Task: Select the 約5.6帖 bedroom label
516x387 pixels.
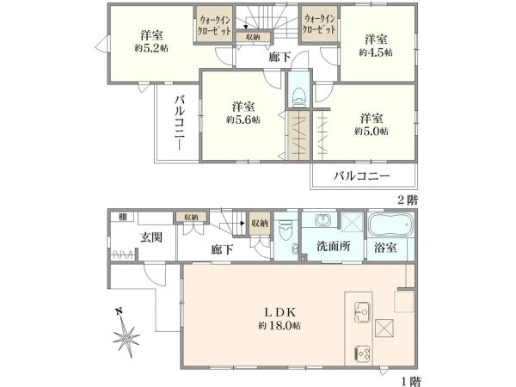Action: [x=241, y=120]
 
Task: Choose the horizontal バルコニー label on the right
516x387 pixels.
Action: [x=362, y=176]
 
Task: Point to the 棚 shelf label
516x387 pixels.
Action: [x=123, y=217]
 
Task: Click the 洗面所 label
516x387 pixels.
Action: [x=331, y=247]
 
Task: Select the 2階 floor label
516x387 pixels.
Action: [x=408, y=198]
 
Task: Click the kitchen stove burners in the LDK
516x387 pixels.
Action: [x=360, y=353]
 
